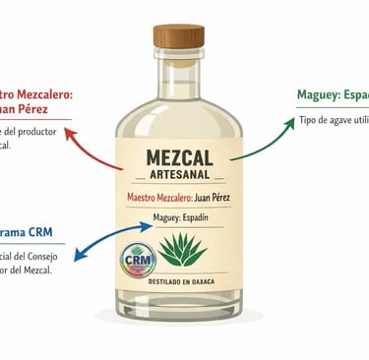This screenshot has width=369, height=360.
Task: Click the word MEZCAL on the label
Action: point(184,157)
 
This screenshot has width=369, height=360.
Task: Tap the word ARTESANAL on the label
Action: point(184,176)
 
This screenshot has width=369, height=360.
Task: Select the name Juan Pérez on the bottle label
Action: point(220,198)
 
